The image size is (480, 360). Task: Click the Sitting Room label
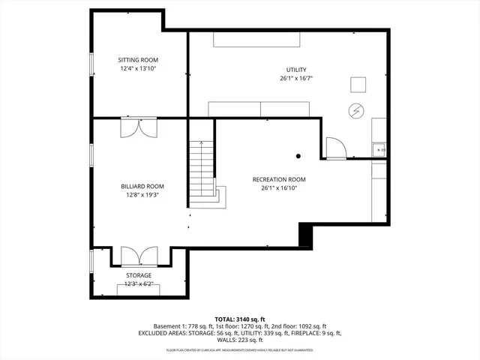[x=138, y=60]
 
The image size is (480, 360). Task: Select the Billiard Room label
[x=142, y=186]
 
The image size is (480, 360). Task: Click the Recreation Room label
[x=279, y=179]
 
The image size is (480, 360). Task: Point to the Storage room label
[x=138, y=275]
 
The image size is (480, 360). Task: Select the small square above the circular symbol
[x=359, y=84]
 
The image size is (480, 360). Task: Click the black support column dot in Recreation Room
[x=298, y=156]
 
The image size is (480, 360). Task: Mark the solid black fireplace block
[x=305, y=235]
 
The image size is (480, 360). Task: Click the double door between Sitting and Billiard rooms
[x=139, y=127]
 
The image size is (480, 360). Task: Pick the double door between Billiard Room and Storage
[x=139, y=256]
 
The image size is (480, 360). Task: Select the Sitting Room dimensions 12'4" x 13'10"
[x=138, y=68]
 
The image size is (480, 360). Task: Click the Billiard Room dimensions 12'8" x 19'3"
[x=142, y=194]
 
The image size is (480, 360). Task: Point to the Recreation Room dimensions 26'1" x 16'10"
[x=279, y=187]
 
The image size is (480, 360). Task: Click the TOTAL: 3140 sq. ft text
[x=240, y=318]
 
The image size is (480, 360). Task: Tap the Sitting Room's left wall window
[x=91, y=64]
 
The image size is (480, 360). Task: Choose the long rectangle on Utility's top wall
[x=257, y=39]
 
